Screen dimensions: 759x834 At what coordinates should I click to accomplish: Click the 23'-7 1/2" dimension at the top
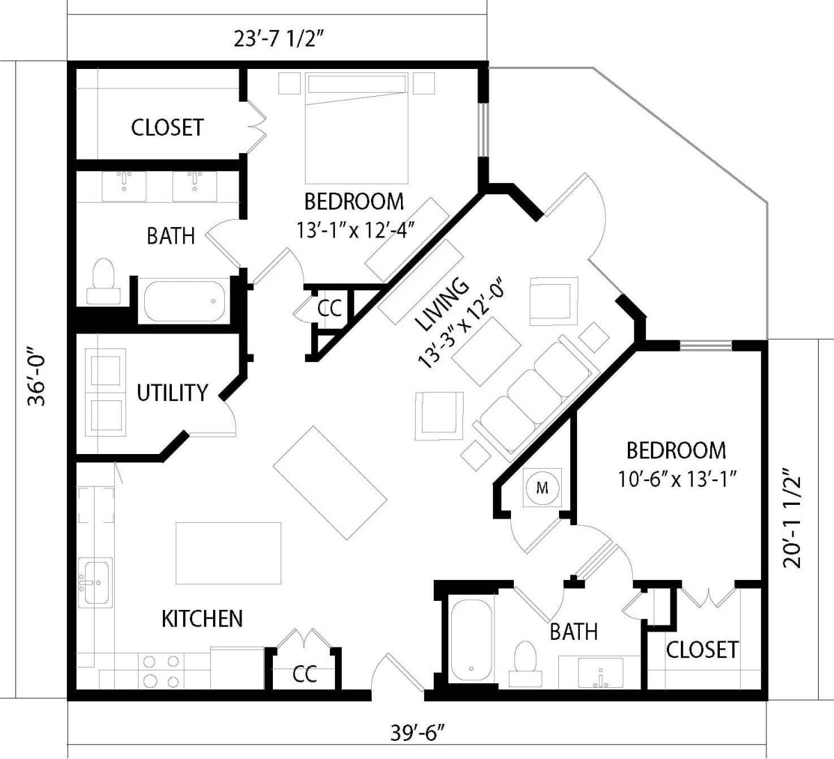[280, 39]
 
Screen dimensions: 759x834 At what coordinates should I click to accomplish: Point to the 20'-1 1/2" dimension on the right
[793, 518]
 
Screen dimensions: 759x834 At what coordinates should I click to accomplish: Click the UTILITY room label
[172, 393]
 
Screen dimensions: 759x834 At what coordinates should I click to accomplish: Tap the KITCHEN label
[202, 618]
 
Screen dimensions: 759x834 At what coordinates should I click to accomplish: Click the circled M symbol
[542, 488]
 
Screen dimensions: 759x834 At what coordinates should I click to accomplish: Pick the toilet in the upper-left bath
[104, 282]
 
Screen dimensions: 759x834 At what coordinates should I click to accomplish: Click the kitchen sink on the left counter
[95, 581]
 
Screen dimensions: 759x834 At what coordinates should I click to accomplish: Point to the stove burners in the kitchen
[160, 671]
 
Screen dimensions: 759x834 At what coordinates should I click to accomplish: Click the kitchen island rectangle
[228, 553]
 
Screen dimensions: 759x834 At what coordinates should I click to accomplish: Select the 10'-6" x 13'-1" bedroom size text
[677, 479]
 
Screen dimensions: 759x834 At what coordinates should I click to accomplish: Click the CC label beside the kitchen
[304, 674]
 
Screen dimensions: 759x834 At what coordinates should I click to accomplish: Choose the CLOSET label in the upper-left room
[167, 127]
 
